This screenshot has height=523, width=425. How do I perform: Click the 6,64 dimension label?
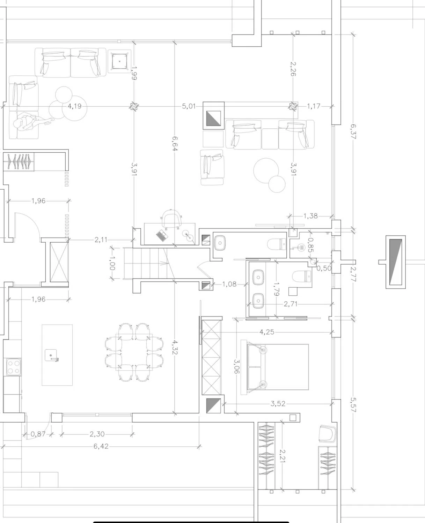click(175, 144)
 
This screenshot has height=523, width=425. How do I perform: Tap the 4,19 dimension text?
click(74, 106)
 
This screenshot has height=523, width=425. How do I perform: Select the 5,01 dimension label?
click(189, 106)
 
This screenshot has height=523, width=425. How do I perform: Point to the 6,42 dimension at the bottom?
click(101, 446)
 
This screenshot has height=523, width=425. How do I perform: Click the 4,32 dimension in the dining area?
click(175, 347)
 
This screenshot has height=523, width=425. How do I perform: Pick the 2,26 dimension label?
click(293, 69)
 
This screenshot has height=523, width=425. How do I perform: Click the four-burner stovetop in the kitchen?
click(14, 367)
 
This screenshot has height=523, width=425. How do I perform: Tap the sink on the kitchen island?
click(51, 355)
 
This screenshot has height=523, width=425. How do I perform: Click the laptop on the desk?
click(162, 235)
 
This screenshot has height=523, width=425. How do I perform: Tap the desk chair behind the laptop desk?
click(171, 219)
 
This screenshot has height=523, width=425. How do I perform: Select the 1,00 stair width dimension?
click(112, 263)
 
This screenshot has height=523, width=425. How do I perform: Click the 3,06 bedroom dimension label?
click(236, 366)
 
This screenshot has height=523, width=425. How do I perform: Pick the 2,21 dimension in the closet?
click(283, 456)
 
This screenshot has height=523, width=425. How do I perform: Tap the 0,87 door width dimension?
click(38, 434)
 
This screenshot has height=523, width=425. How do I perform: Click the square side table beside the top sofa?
click(119, 61)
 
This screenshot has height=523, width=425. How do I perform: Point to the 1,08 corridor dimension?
click(229, 284)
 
